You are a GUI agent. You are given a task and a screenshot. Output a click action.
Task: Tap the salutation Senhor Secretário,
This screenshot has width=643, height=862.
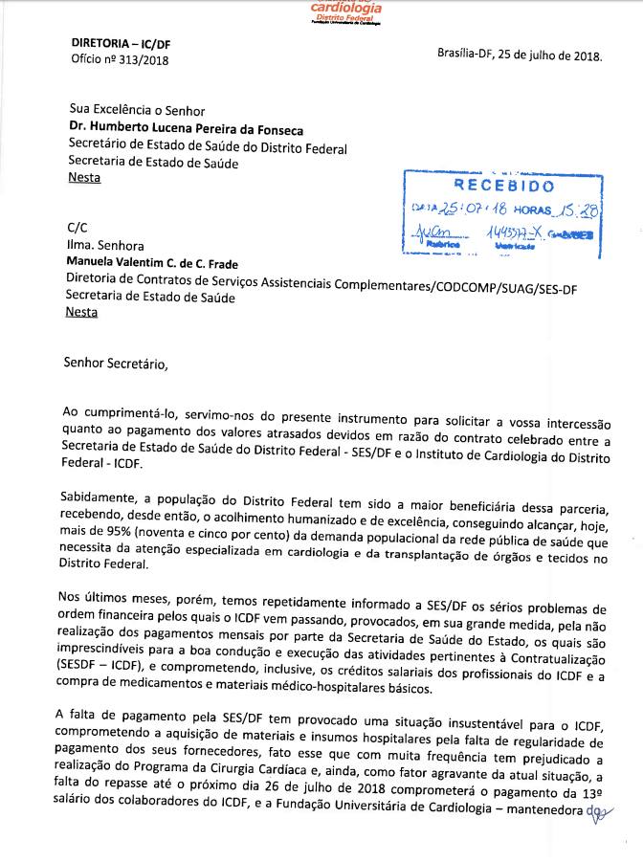tap(115, 363)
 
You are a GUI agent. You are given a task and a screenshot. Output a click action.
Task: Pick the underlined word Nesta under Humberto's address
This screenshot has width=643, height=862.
tap(83, 178)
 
